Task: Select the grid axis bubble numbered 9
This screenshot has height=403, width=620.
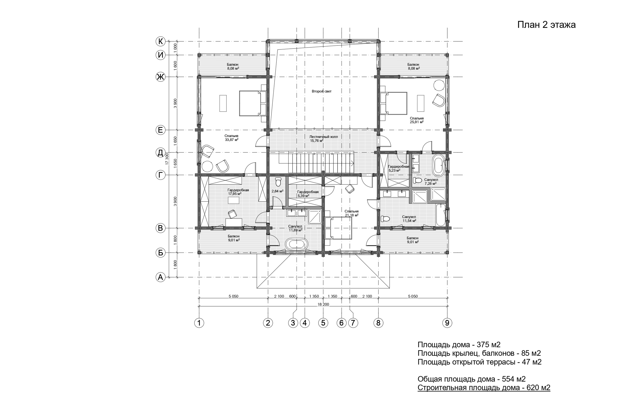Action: coord(447,323)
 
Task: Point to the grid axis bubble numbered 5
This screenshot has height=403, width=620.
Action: coord(323,323)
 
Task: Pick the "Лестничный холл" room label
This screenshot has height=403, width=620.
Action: coord(323,137)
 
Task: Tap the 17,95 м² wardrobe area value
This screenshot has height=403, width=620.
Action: coord(235,194)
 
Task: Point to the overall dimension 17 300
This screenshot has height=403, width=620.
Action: coord(167,159)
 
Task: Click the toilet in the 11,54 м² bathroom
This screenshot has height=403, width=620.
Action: coord(385,219)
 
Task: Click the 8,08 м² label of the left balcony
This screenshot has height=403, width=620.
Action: coord(233,68)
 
